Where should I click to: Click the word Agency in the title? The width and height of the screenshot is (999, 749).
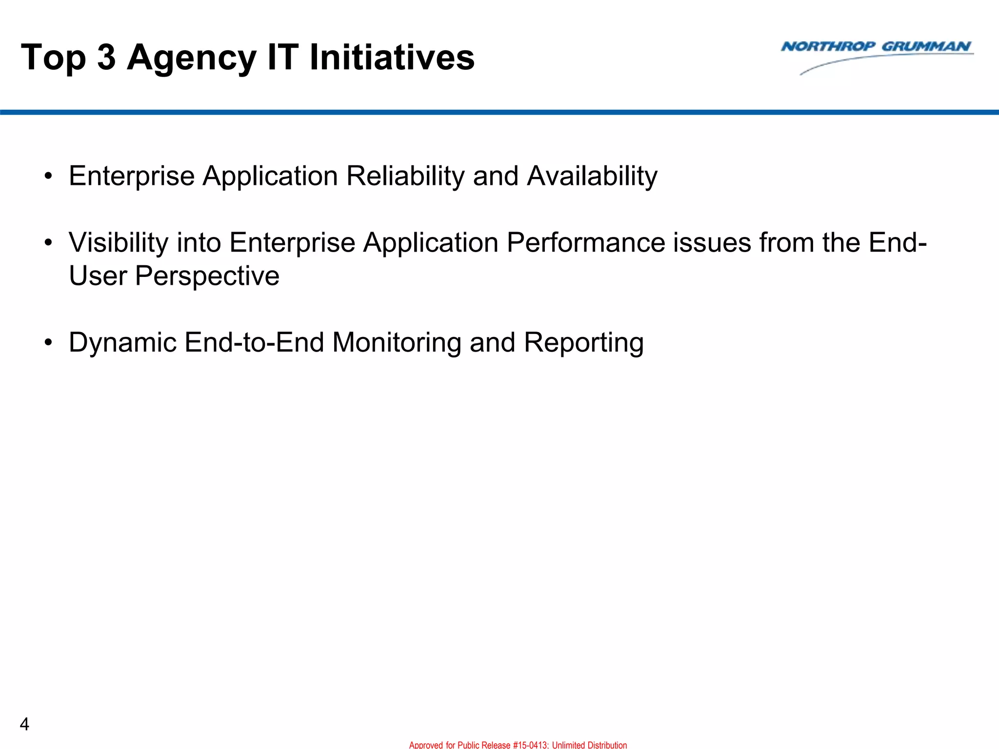click(x=191, y=58)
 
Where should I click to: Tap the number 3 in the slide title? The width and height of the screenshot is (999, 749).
click(x=106, y=58)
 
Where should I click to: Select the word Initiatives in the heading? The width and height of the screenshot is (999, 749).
click(x=392, y=58)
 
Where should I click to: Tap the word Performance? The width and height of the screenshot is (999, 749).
click(x=585, y=242)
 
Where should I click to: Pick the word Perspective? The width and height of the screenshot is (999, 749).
click(x=207, y=276)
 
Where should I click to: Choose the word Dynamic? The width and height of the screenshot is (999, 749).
click(x=122, y=342)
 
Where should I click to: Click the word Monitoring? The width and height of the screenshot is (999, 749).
click(x=397, y=342)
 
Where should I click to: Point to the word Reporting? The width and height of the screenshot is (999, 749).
click(x=583, y=342)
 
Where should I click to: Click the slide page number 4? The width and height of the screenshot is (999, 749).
click(x=24, y=724)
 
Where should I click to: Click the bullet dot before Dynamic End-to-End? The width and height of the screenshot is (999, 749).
click(x=47, y=343)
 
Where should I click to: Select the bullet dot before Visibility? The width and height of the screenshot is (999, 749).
click(x=47, y=243)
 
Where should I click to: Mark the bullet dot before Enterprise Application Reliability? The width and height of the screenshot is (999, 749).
click(x=47, y=176)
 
